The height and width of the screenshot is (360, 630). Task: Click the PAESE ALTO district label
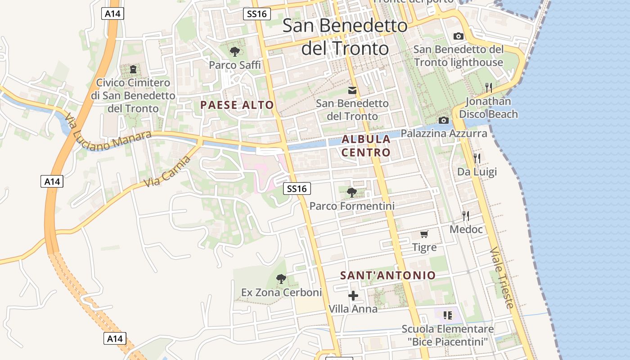237,105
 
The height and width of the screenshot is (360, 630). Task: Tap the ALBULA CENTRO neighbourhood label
366,146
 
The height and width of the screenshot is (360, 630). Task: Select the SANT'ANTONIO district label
388,275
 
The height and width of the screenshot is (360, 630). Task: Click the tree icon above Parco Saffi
234,52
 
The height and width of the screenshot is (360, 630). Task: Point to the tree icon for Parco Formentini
352,193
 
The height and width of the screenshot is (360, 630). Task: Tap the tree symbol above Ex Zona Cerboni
281,279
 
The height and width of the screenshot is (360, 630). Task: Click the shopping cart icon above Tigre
424,234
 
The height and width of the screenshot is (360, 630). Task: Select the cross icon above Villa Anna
353,296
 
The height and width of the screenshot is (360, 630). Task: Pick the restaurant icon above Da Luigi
477,158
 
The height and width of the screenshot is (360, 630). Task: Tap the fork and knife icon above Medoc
466,216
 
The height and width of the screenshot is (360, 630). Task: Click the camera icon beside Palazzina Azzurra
444,120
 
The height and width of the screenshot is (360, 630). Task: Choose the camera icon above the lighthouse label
459,36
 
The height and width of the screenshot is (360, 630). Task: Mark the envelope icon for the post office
352,90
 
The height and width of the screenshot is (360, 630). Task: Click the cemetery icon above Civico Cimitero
133,69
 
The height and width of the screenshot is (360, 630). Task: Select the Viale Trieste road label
502,278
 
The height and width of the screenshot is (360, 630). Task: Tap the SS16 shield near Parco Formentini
297,189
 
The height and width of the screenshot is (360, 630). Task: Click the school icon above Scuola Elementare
447,315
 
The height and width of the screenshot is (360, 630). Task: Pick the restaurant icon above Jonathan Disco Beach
489,87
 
